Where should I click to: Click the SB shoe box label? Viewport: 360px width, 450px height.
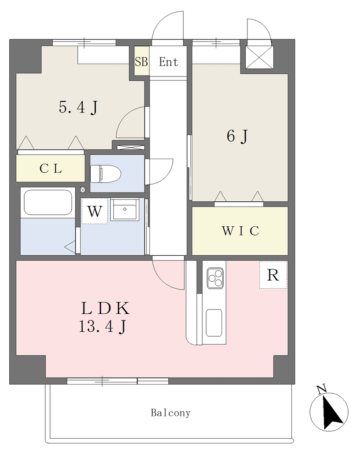pyautogui.click(x=142, y=62)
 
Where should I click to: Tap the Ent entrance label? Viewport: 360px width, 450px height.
pyautogui.click(x=168, y=62)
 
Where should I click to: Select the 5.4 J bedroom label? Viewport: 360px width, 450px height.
pyautogui.click(x=78, y=108)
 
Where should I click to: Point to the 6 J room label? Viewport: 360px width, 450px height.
pyautogui.click(x=237, y=136)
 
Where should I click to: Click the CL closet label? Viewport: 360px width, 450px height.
pyautogui.click(x=51, y=168)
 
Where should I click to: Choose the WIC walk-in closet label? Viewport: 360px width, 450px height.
pyautogui.click(x=240, y=231)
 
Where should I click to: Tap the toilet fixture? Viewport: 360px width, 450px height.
pyautogui.click(x=105, y=173)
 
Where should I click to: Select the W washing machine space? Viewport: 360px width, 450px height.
pyautogui.click(x=95, y=211)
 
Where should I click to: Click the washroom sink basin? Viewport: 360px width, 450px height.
pyautogui.click(x=124, y=209)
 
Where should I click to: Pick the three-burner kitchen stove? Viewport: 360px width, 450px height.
pyautogui.click(x=215, y=278)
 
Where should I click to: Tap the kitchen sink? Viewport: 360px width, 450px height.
pyautogui.click(x=214, y=323)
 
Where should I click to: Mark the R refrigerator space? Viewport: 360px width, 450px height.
pyautogui.click(x=273, y=275)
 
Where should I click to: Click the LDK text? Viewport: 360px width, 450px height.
pyautogui.click(x=105, y=308)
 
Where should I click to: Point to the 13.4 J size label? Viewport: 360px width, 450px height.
pyautogui.click(x=102, y=327)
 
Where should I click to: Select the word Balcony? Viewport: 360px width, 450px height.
pyautogui.click(x=171, y=413)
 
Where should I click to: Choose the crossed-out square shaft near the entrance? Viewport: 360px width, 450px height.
pyautogui.click(x=259, y=57)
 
